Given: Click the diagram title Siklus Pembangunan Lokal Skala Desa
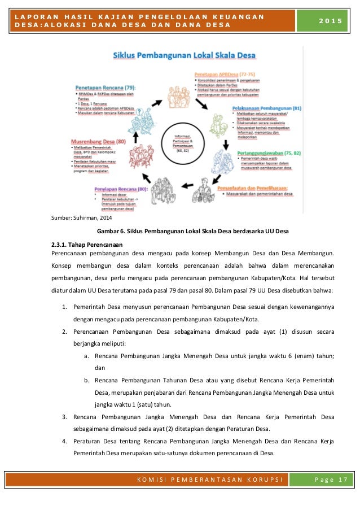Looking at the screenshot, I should click(x=185, y=56).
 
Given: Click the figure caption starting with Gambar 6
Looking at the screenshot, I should click(x=193, y=230).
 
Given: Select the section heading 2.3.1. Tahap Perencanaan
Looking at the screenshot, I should click(x=86, y=244).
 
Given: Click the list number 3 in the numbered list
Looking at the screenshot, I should click(x=65, y=417).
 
